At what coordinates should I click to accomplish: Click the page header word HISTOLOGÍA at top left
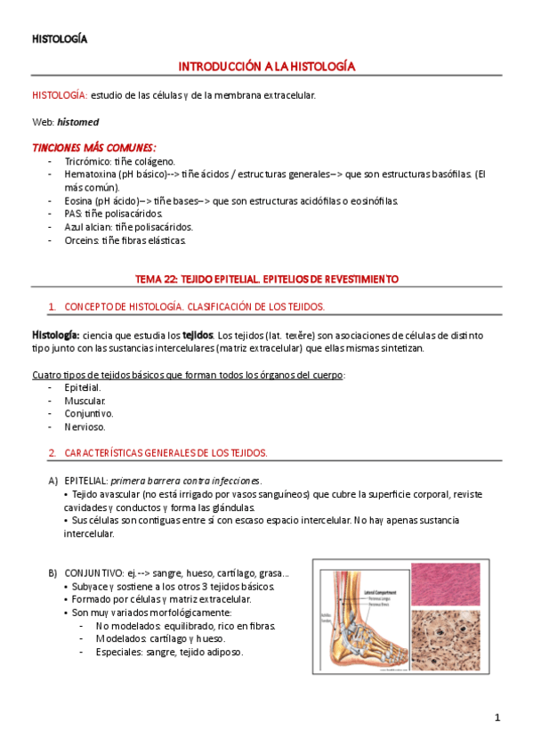60,38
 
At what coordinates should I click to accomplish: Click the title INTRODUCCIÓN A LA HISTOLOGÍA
267,67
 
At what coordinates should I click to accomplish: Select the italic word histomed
78,121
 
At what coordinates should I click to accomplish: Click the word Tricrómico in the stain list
87,161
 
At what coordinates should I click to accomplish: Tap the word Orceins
82,240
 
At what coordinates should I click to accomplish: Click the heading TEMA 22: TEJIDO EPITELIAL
267,280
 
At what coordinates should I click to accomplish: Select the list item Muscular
85,401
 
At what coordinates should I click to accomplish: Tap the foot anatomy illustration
362,616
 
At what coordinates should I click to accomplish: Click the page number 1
498,718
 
